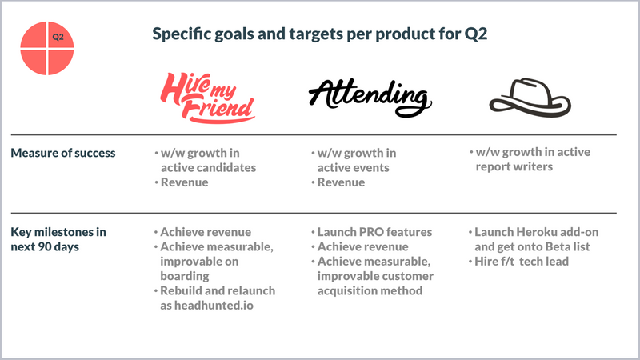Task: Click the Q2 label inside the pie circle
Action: click(58, 37)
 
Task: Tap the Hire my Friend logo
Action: click(207, 98)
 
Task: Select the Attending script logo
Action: click(370, 98)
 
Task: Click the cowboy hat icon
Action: click(530, 97)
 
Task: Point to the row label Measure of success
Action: click(63, 153)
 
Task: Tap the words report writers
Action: click(514, 167)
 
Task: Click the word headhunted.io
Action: click(214, 306)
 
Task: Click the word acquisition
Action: click(342, 290)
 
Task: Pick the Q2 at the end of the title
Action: click(475, 34)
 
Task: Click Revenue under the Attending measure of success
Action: click(342, 182)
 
